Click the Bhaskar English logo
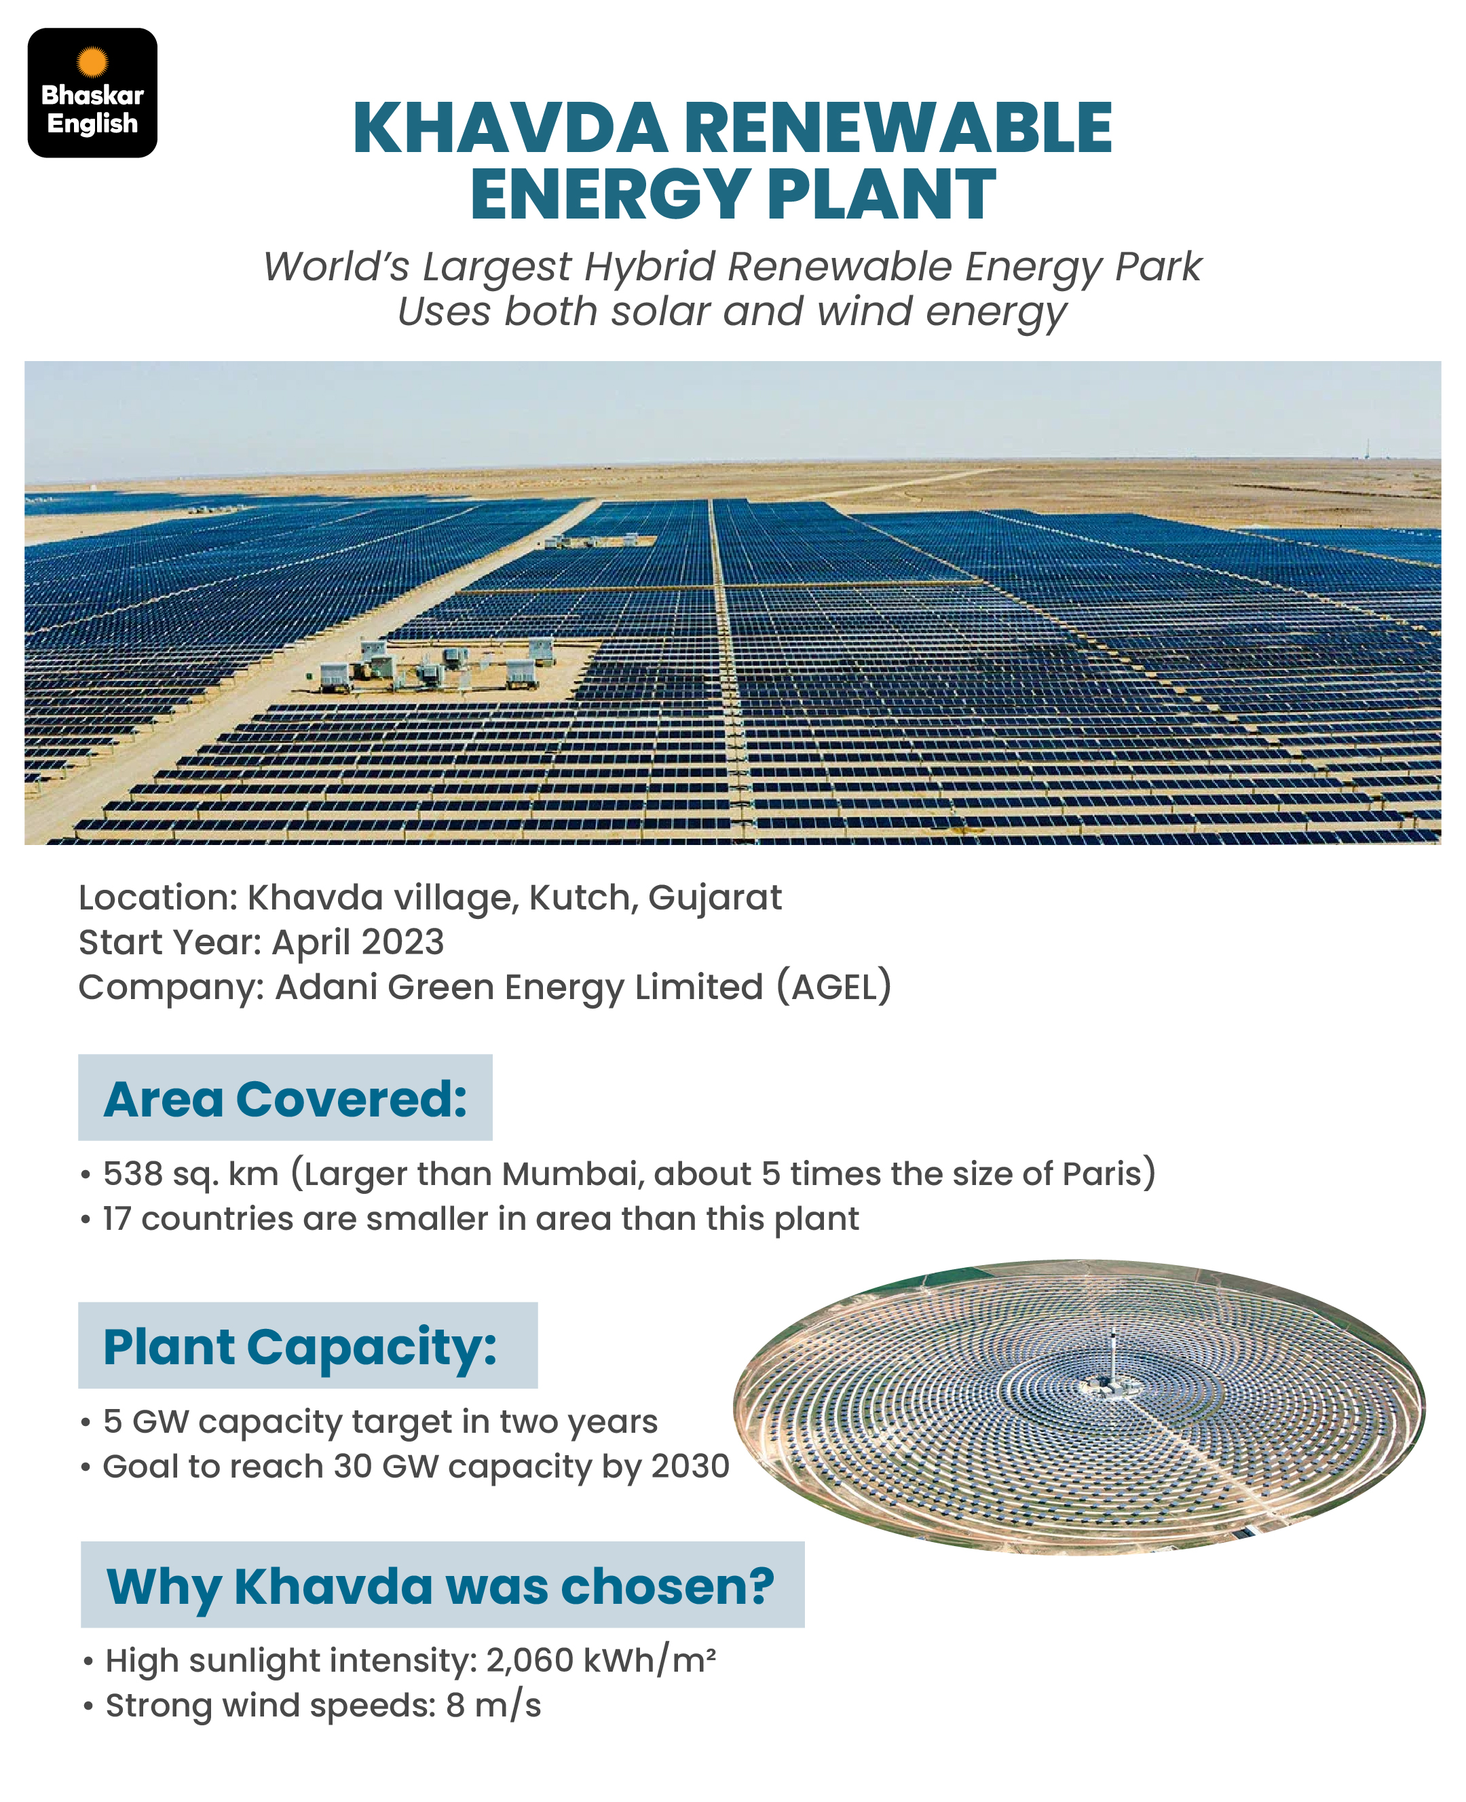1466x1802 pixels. [x=93, y=93]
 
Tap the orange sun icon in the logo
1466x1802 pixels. [x=93, y=62]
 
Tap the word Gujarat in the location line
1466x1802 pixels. [x=715, y=899]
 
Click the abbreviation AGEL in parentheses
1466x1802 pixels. [x=834, y=987]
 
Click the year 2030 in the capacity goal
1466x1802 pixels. [x=691, y=1466]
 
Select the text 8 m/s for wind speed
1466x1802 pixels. [x=493, y=1706]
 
